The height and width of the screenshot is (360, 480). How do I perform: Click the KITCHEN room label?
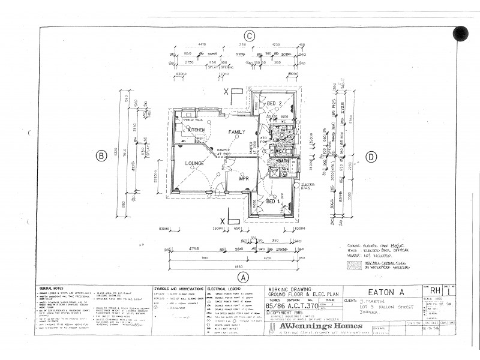(197, 129)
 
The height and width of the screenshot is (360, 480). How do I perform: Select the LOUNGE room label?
(194, 163)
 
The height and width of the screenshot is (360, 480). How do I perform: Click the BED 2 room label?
(274, 104)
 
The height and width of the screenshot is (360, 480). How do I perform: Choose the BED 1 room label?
(274, 201)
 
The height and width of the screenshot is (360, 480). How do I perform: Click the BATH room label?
(283, 161)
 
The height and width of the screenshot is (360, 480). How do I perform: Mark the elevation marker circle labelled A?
(243, 277)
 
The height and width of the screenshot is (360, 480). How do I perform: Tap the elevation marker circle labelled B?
(101, 156)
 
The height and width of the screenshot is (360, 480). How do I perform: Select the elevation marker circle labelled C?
(249, 35)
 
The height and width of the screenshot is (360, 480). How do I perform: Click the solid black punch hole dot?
(460, 34)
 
